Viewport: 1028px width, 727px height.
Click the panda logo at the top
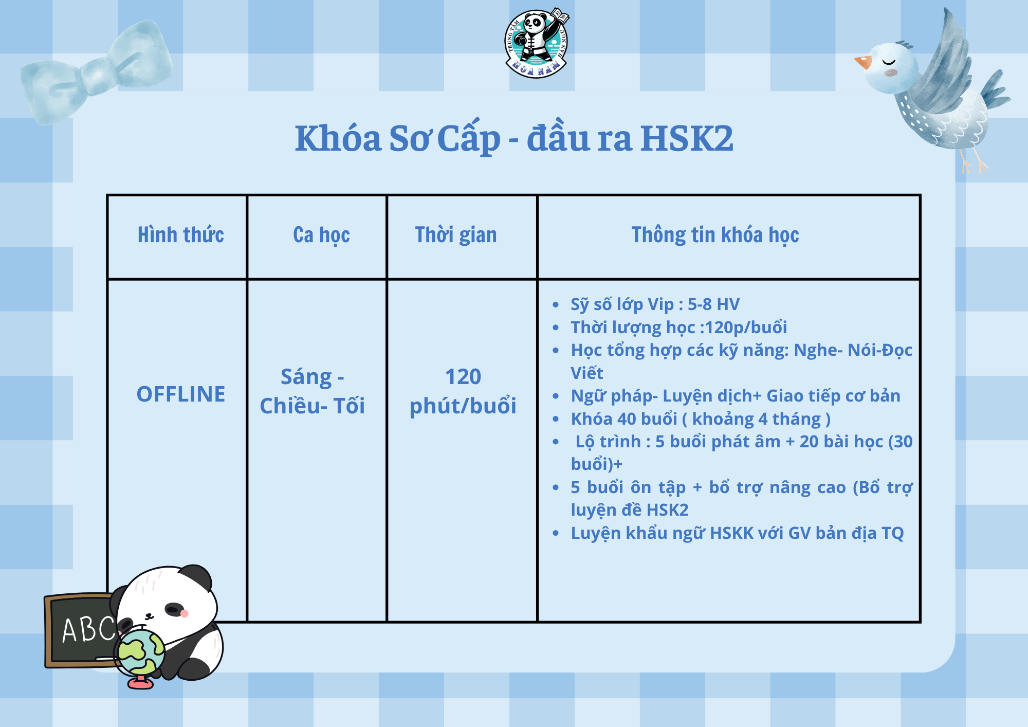point(537,43)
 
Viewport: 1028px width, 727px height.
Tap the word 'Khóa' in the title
point(338,138)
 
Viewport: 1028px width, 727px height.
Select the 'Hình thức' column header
point(181,235)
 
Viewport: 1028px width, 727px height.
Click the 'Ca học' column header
point(321,235)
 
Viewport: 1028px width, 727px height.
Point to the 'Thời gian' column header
point(456,235)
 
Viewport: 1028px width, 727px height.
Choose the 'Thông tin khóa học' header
point(715,235)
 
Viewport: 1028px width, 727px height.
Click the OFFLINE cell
point(181,394)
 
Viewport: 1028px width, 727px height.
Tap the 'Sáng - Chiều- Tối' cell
point(313,391)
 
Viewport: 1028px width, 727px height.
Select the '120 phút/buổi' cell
point(463,391)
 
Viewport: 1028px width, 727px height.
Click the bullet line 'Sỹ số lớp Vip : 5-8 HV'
point(655,304)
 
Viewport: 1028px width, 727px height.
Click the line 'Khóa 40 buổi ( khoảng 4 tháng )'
point(701,419)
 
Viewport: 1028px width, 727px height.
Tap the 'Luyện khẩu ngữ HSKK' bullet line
point(737,534)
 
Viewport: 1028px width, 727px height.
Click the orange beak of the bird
point(863,62)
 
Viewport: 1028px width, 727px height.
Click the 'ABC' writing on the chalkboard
point(89,630)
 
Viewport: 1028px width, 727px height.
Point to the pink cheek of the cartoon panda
point(185,613)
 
